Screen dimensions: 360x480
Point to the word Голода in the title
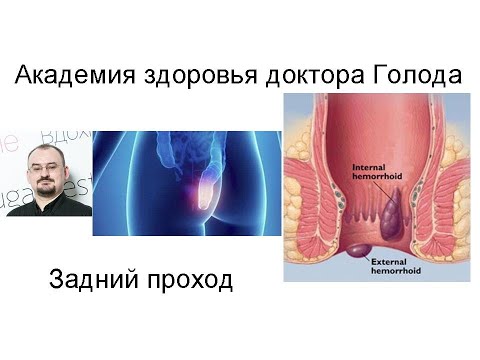point(410,76)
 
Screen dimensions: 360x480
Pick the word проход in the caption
point(184,281)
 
